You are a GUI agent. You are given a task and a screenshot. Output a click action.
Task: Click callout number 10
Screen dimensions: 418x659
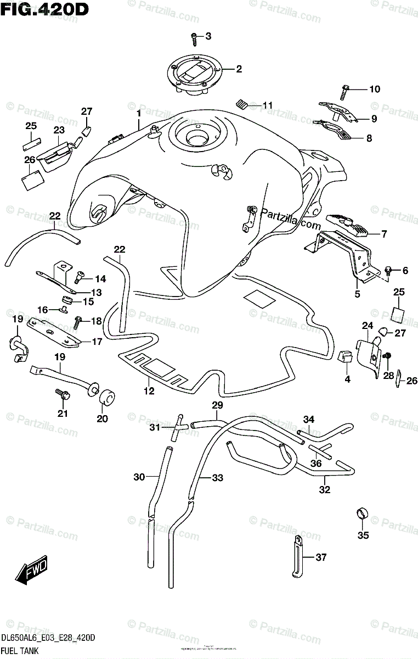374,89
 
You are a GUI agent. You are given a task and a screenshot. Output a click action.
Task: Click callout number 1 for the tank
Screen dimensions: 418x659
139,113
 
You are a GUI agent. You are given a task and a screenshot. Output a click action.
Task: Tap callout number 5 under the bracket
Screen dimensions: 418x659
357,294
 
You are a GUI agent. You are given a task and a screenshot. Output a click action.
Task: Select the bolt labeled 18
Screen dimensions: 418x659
78,321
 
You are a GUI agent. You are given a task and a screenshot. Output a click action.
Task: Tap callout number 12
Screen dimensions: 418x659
149,391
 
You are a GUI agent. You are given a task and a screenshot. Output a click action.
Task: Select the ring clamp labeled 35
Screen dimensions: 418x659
361,515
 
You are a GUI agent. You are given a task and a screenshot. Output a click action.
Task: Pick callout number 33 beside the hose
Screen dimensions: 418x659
218,478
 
